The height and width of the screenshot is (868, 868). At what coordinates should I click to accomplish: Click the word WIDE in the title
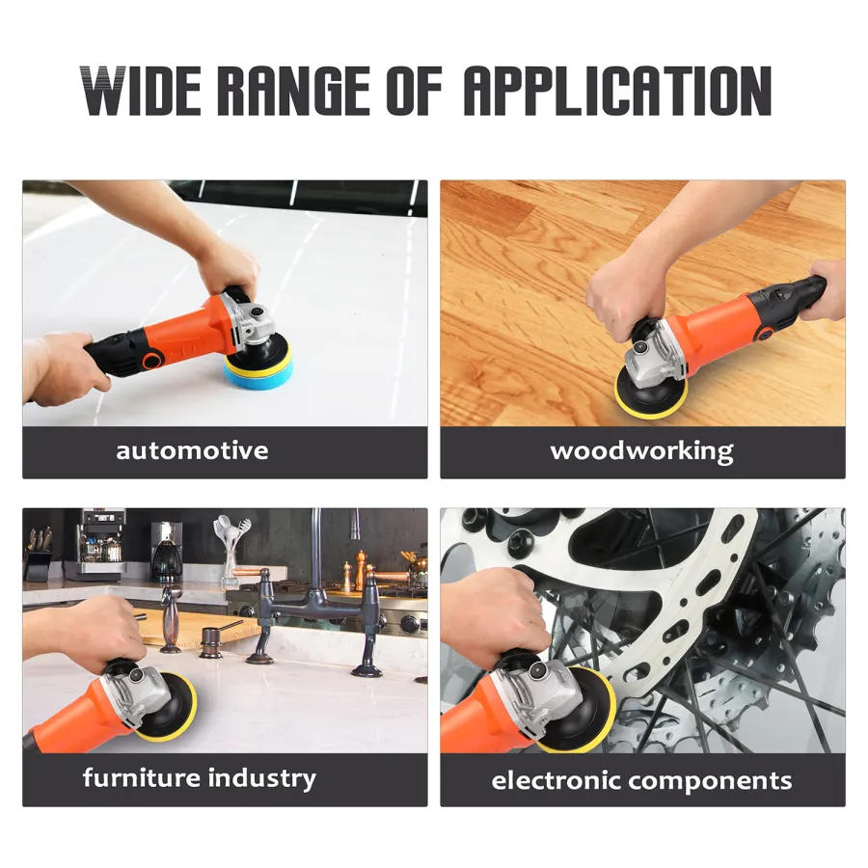click(141, 91)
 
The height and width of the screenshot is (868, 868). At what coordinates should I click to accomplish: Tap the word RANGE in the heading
click(293, 91)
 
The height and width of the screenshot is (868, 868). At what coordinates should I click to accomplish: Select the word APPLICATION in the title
click(617, 91)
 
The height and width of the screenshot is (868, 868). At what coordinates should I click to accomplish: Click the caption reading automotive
click(192, 450)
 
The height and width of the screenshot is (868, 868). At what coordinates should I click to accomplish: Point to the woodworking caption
click(642, 451)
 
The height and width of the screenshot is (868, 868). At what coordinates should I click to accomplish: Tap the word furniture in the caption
click(141, 777)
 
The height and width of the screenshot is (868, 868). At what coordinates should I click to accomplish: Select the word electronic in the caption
click(556, 780)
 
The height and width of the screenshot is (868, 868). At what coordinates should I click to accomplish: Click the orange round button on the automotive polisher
click(151, 361)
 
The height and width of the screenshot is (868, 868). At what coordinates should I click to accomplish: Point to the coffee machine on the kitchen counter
click(167, 551)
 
